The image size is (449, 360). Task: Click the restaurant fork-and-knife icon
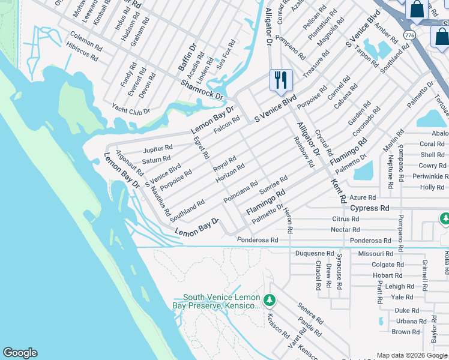point(280,80)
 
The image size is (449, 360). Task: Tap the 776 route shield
point(409,35)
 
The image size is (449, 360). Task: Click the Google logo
point(20,353)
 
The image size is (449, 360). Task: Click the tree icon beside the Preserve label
point(270,299)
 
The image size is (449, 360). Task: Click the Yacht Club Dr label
point(131,108)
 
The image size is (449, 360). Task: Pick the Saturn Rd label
point(157,160)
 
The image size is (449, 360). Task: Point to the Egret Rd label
point(202,146)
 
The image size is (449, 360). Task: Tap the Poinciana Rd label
point(241,191)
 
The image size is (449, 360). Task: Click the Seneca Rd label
point(310,313)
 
